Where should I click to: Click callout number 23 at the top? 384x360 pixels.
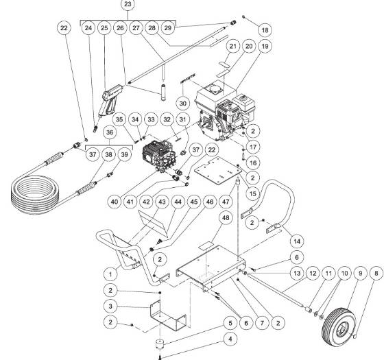pyautogui.click(x=127, y=6)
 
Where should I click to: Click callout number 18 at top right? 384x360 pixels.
pyautogui.click(x=264, y=31)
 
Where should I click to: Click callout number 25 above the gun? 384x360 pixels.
pyautogui.click(x=104, y=29)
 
